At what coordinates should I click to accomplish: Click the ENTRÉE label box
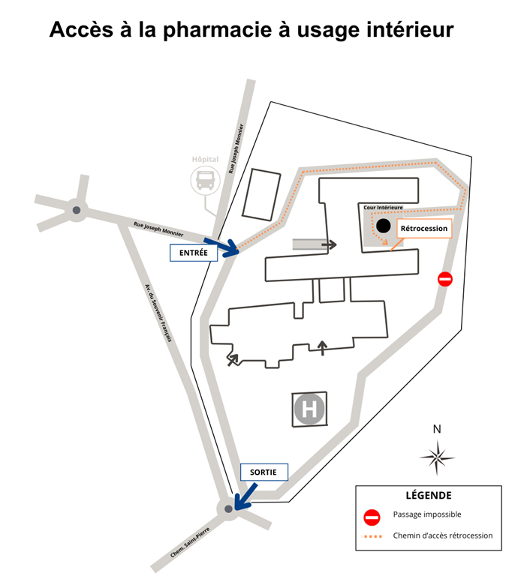[x=194, y=253]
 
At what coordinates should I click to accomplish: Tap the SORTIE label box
[x=263, y=472]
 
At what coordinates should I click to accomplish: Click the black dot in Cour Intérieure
[x=383, y=225]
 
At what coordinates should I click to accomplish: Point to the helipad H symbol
[x=309, y=409]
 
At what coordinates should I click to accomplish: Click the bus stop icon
[x=205, y=179]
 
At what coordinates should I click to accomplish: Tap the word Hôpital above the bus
[x=205, y=160]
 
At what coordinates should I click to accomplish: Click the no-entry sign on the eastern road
[x=445, y=280]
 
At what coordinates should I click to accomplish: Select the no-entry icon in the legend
[x=373, y=516]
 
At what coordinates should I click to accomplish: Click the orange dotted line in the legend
[x=373, y=536]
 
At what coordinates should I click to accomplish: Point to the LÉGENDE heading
[x=428, y=496]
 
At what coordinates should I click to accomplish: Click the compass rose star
[x=437, y=456]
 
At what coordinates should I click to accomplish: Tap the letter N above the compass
[x=437, y=430]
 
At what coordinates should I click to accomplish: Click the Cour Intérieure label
[x=383, y=207]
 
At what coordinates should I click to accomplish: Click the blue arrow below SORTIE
[x=244, y=496]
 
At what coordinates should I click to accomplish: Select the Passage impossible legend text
[x=427, y=515]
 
